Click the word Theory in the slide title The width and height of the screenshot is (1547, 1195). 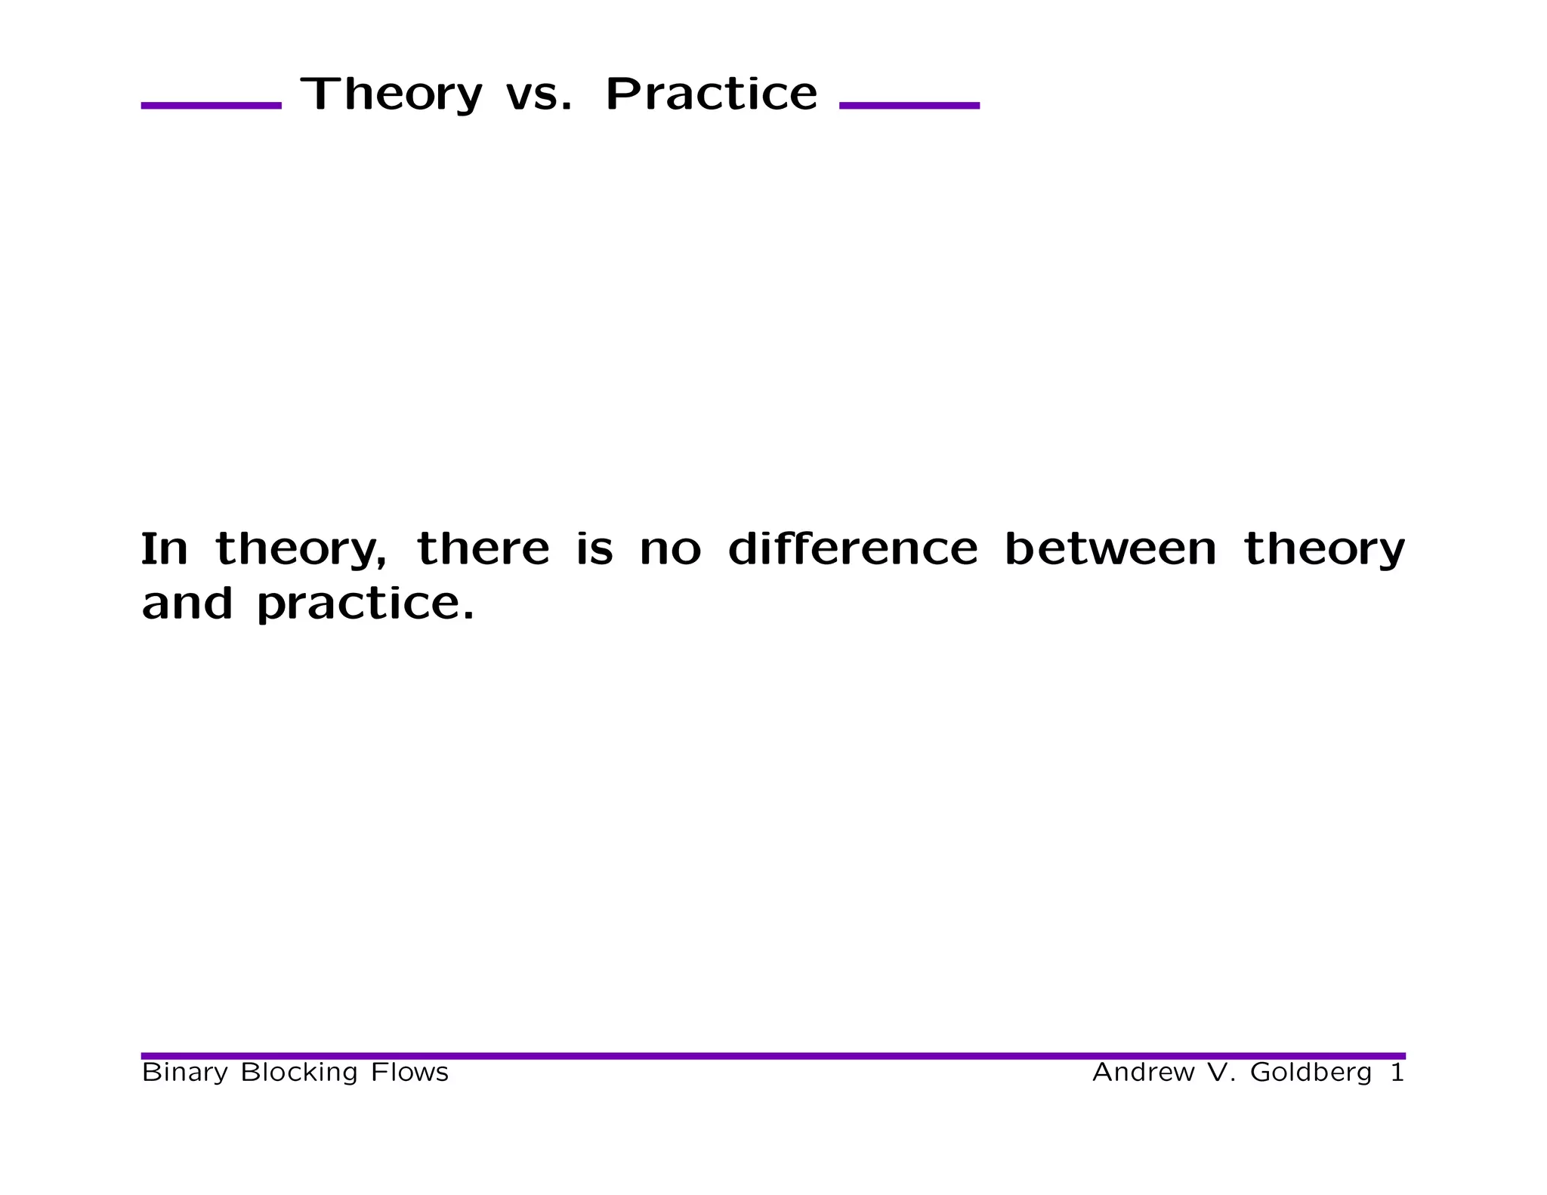(x=391, y=94)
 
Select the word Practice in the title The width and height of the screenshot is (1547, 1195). (x=711, y=94)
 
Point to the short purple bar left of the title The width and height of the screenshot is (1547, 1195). (x=212, y=106)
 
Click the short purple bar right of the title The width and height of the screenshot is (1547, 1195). (x=909, y=106)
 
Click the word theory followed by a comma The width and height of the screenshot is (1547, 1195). (x=301, y=550)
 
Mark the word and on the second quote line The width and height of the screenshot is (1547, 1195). (x=187, y=604)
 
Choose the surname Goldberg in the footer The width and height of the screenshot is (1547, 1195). (x=1311, y=1073)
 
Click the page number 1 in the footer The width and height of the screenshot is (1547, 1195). (x=1397, y=1072)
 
